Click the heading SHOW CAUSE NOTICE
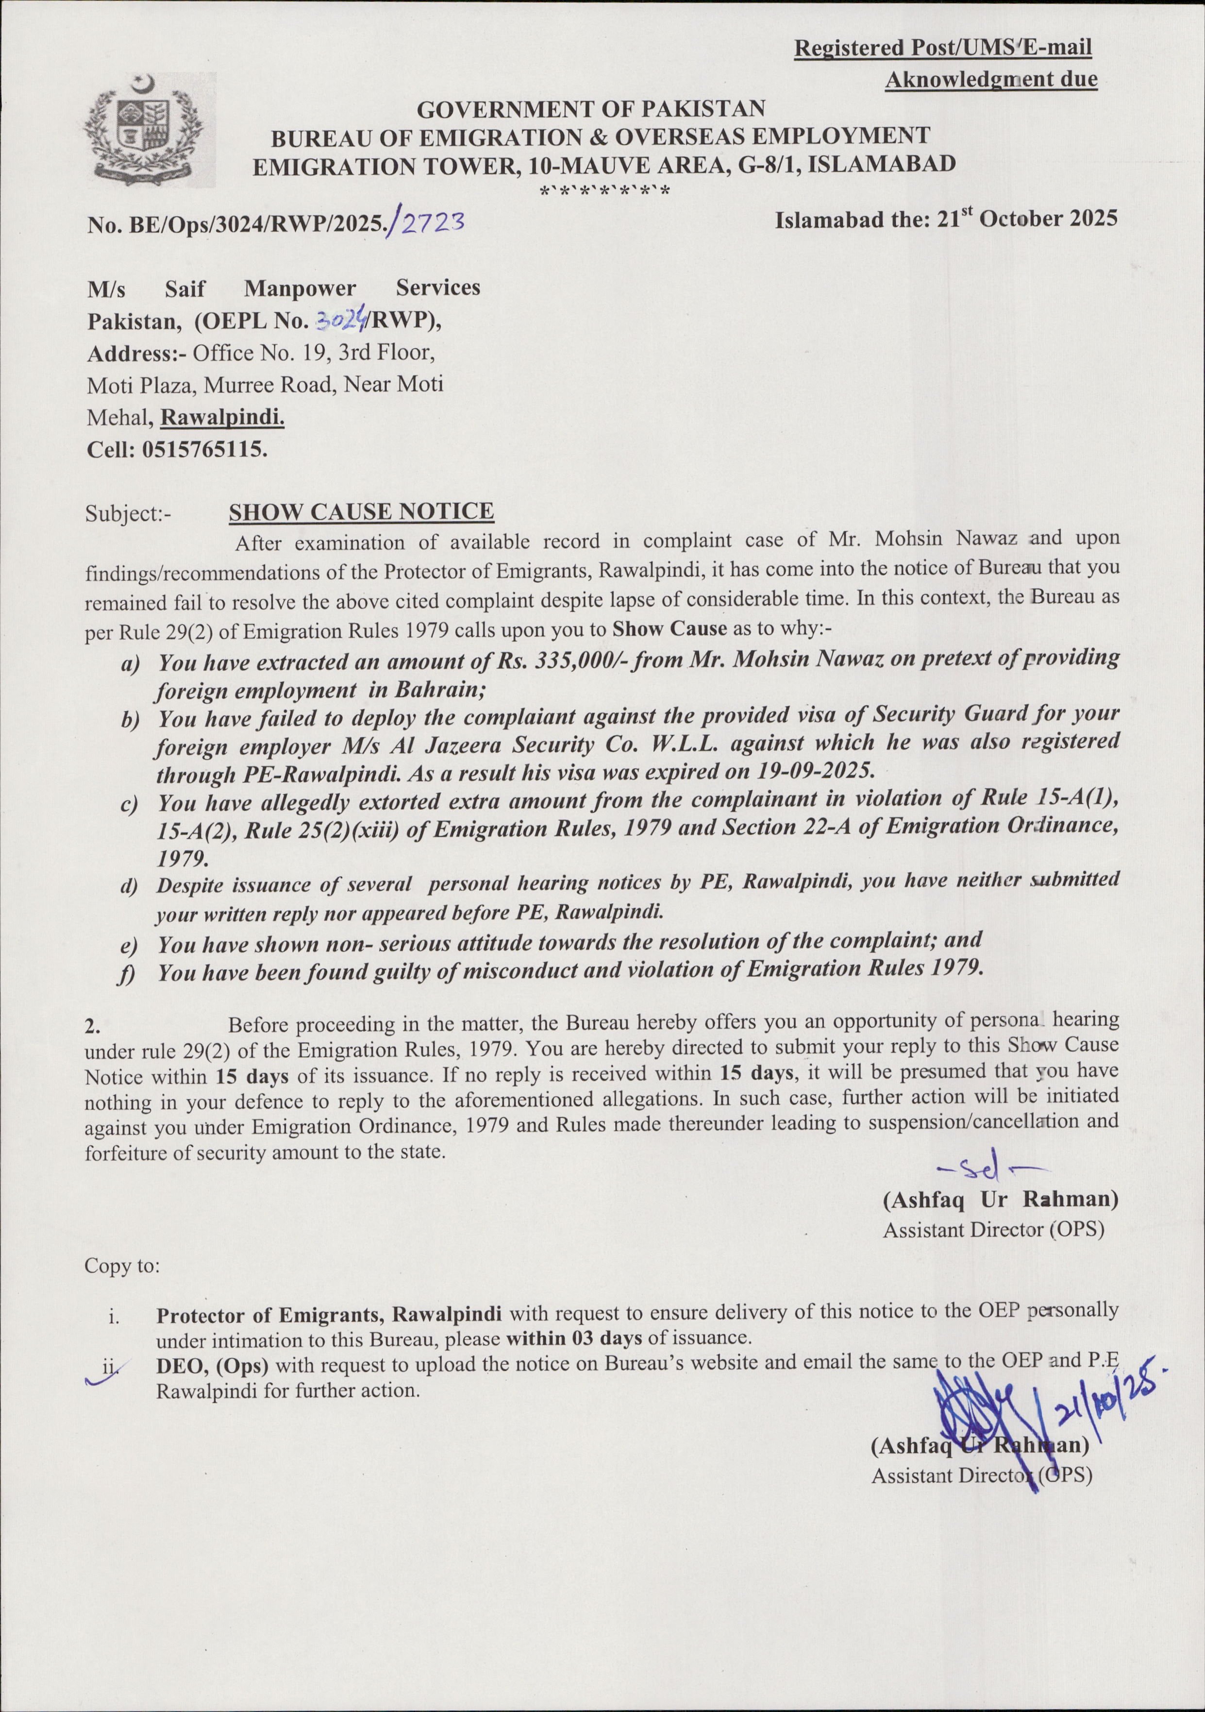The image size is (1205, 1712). pyautogui.click(x=361, y=511)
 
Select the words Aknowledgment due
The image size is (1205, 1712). pyautogui.click(x=990, y=79)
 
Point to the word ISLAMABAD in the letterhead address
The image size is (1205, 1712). pyautogui.click(x=882, y=164)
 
